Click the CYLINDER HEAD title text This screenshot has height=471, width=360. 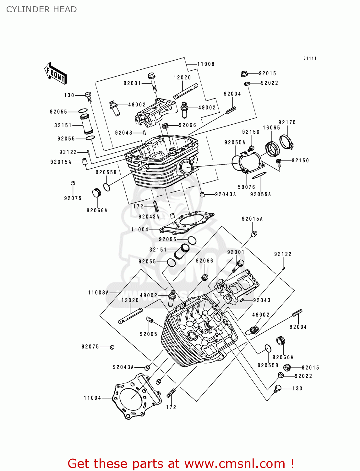41,9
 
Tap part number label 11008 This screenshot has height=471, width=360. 206,64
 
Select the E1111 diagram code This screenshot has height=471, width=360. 310,58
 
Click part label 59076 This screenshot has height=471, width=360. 247,187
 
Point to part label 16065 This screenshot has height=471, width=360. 271,127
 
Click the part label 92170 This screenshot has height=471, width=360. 287,122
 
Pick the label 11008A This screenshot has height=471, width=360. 98,293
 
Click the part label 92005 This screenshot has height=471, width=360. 149,334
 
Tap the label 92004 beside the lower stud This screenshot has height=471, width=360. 298,327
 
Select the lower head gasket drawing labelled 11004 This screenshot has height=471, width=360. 137,396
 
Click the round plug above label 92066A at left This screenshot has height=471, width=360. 96,192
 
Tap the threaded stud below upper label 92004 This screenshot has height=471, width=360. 231,110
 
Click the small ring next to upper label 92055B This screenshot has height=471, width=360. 107,187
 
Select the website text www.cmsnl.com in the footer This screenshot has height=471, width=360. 234,463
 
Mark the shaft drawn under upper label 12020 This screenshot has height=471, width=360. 186,91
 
